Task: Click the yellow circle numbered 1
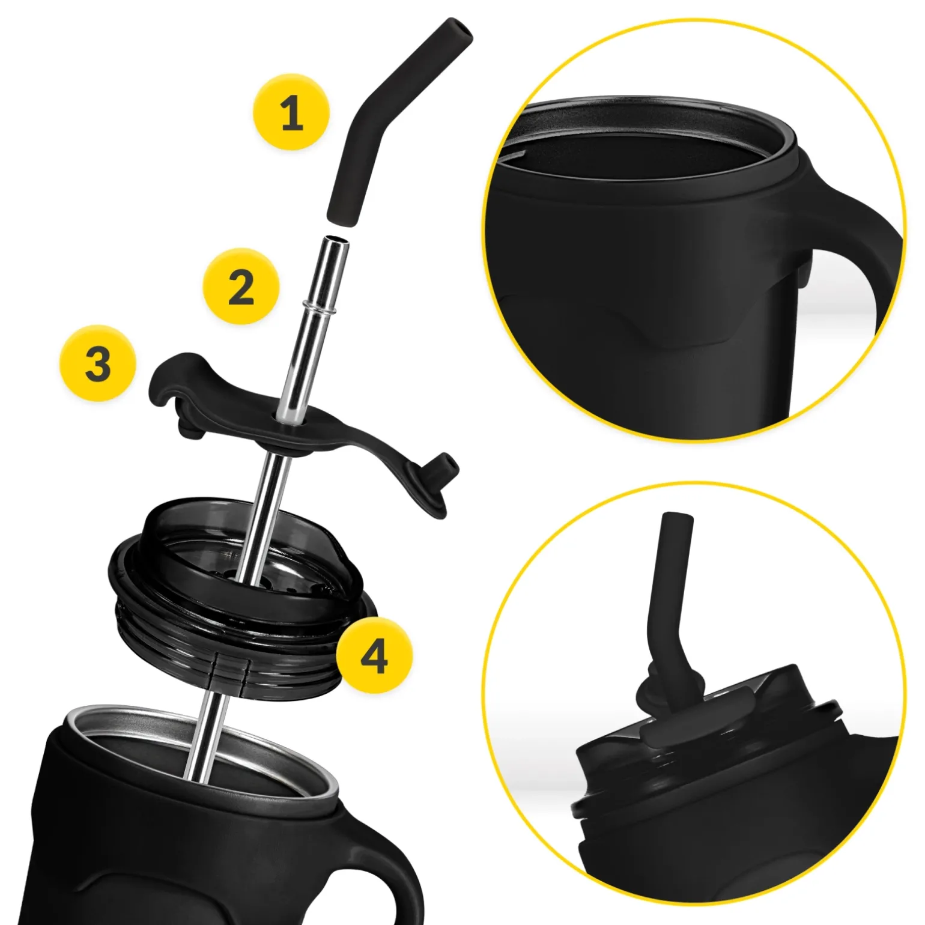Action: click(291, 112)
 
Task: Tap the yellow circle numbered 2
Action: click(241, 287)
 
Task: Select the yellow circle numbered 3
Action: click(98, 363)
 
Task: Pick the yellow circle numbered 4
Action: click(374, 655)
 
